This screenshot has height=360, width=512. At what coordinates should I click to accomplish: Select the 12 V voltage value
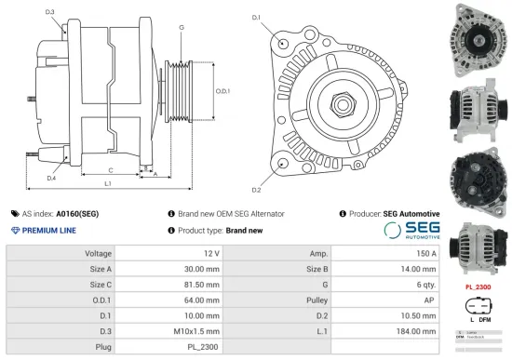[209, 253]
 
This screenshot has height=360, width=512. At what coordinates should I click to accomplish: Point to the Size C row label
[101, 284]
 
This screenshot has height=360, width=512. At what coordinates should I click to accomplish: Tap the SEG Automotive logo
[412, 230]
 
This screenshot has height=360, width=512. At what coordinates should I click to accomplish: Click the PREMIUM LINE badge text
[48, 230]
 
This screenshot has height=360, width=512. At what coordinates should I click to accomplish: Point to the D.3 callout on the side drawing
[49, 11]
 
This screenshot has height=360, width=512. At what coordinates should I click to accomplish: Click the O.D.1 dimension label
[222, 91]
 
